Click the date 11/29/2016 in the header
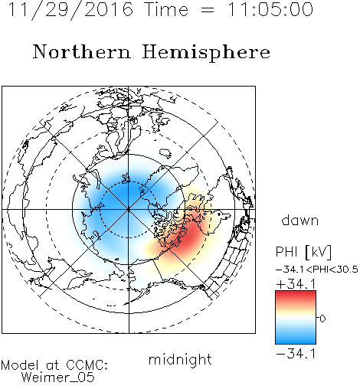(x=70, y=10)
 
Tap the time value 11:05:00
(x=270, y=9)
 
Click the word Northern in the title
(x=82, y=51)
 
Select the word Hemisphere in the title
(x=206, y=53)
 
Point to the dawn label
(x=300, y=220)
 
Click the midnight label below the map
(x=180, y=359)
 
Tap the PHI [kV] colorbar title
(x=303, y=252)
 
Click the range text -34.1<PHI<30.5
(x=317, y=270)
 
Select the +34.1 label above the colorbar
(x=296, y=284)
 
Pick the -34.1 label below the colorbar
(x=296, y=354)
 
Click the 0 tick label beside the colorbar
(x=322, y=319)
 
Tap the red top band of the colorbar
(x=296, y=295)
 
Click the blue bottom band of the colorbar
(x=296, y=340)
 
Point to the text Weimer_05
(x=57, y=378)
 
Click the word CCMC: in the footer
(x=87, y=365)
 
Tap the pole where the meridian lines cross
(x=129, y=210)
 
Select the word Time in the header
(x=166, y=9)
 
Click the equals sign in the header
(x=208, y=10)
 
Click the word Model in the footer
(x=20, y=365)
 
